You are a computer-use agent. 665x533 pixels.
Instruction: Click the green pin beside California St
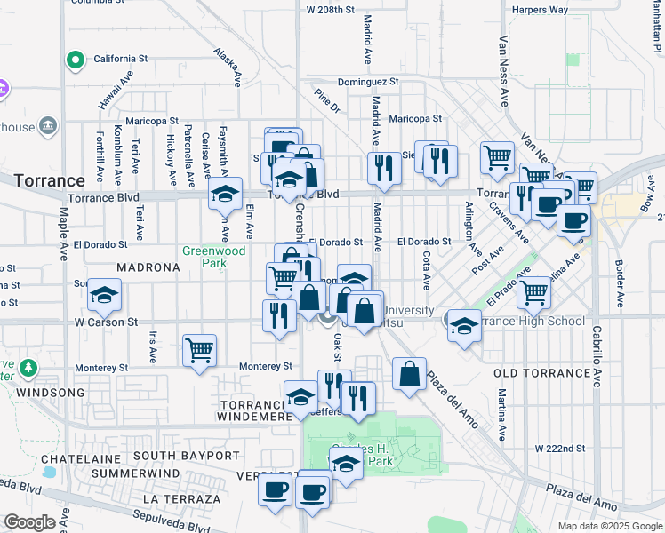(76, 60)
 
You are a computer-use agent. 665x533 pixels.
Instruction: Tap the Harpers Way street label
(540, 11)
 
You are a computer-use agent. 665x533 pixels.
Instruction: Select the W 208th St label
(330, 10)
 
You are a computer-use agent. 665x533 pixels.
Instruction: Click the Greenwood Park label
(213, 257)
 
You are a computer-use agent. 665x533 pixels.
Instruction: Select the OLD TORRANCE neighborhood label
(536, 373)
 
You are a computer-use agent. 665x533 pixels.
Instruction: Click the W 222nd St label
(560, 449)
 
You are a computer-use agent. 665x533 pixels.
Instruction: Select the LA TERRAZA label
(186, 499)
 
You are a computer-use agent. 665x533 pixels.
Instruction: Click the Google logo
(29, 522)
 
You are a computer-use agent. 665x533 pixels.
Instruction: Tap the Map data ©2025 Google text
(609, 526)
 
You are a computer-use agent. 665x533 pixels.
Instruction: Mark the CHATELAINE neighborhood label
(81, 458)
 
